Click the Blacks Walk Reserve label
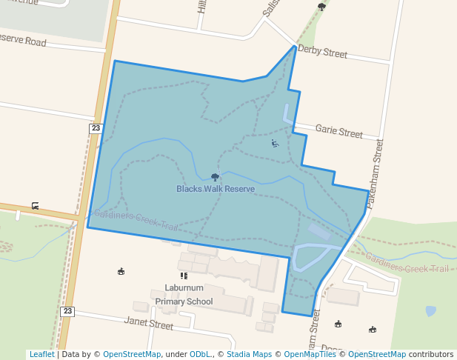216,189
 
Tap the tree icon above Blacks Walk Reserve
216,177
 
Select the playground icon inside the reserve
275,143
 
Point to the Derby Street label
321,54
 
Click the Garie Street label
339,132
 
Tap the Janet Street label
150,324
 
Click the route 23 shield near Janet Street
67,311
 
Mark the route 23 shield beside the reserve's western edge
95,128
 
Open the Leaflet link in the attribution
41,354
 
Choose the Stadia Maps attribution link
249,354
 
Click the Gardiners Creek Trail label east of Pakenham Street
407,263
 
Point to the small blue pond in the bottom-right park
431,311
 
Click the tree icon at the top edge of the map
321,7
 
